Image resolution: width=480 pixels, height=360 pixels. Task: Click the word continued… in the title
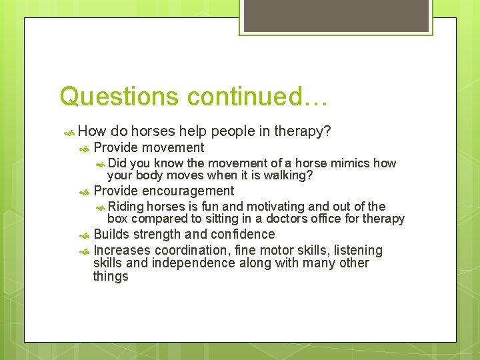coord(257,97)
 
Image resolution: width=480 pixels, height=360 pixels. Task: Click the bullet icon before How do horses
coord(68,132)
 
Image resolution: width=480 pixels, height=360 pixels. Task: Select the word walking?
coord(285,176)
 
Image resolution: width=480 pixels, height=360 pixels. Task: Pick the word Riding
coord(125,207)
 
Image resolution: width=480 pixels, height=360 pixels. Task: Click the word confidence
coord(243,234)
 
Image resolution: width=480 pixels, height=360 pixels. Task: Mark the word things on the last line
coord(111,276)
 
